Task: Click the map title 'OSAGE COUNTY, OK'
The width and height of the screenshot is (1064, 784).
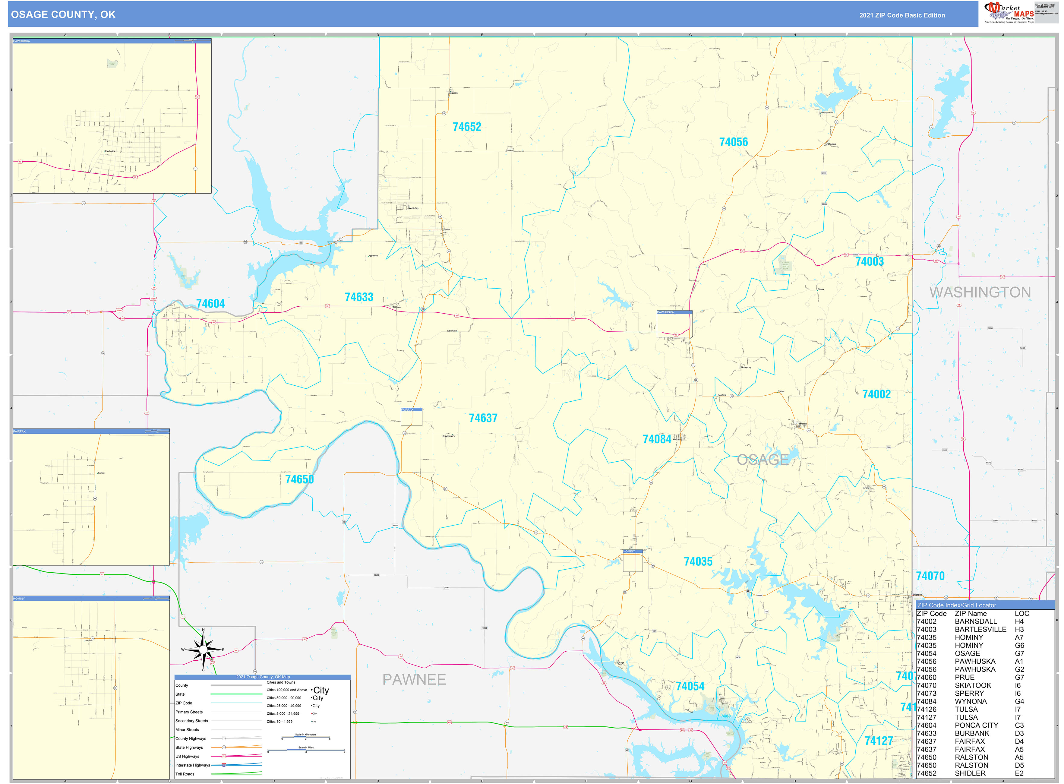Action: tap(63, 15)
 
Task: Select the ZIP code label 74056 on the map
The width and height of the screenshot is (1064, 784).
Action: tap(733, 142)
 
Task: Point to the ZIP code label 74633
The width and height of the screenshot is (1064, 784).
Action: tap(359, 297)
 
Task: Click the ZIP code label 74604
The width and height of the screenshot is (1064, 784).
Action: tap(210, 304)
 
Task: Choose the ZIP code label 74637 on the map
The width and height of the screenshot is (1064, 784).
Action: tap(483, 418)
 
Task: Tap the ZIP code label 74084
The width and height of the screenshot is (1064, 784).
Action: tap(657, 439)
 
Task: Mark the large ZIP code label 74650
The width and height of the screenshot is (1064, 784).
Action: tap(299, 479)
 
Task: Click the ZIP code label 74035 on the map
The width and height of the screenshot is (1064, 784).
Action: tap(698, 561)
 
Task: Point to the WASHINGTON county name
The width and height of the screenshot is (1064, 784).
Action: tap(980, 292)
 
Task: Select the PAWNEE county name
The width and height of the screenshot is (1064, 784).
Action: tap(414, 680)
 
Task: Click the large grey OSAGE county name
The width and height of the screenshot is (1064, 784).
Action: tap(762, 459)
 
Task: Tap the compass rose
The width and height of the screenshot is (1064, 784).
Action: tap(203, 650)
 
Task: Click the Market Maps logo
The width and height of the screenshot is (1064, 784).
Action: tap(1008, 13)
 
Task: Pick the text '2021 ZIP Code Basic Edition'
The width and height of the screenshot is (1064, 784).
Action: tap(902, 15)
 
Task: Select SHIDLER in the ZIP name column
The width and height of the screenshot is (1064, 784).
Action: tap(970, 773)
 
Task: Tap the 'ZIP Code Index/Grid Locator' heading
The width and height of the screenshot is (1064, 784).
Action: tap(957, 605)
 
